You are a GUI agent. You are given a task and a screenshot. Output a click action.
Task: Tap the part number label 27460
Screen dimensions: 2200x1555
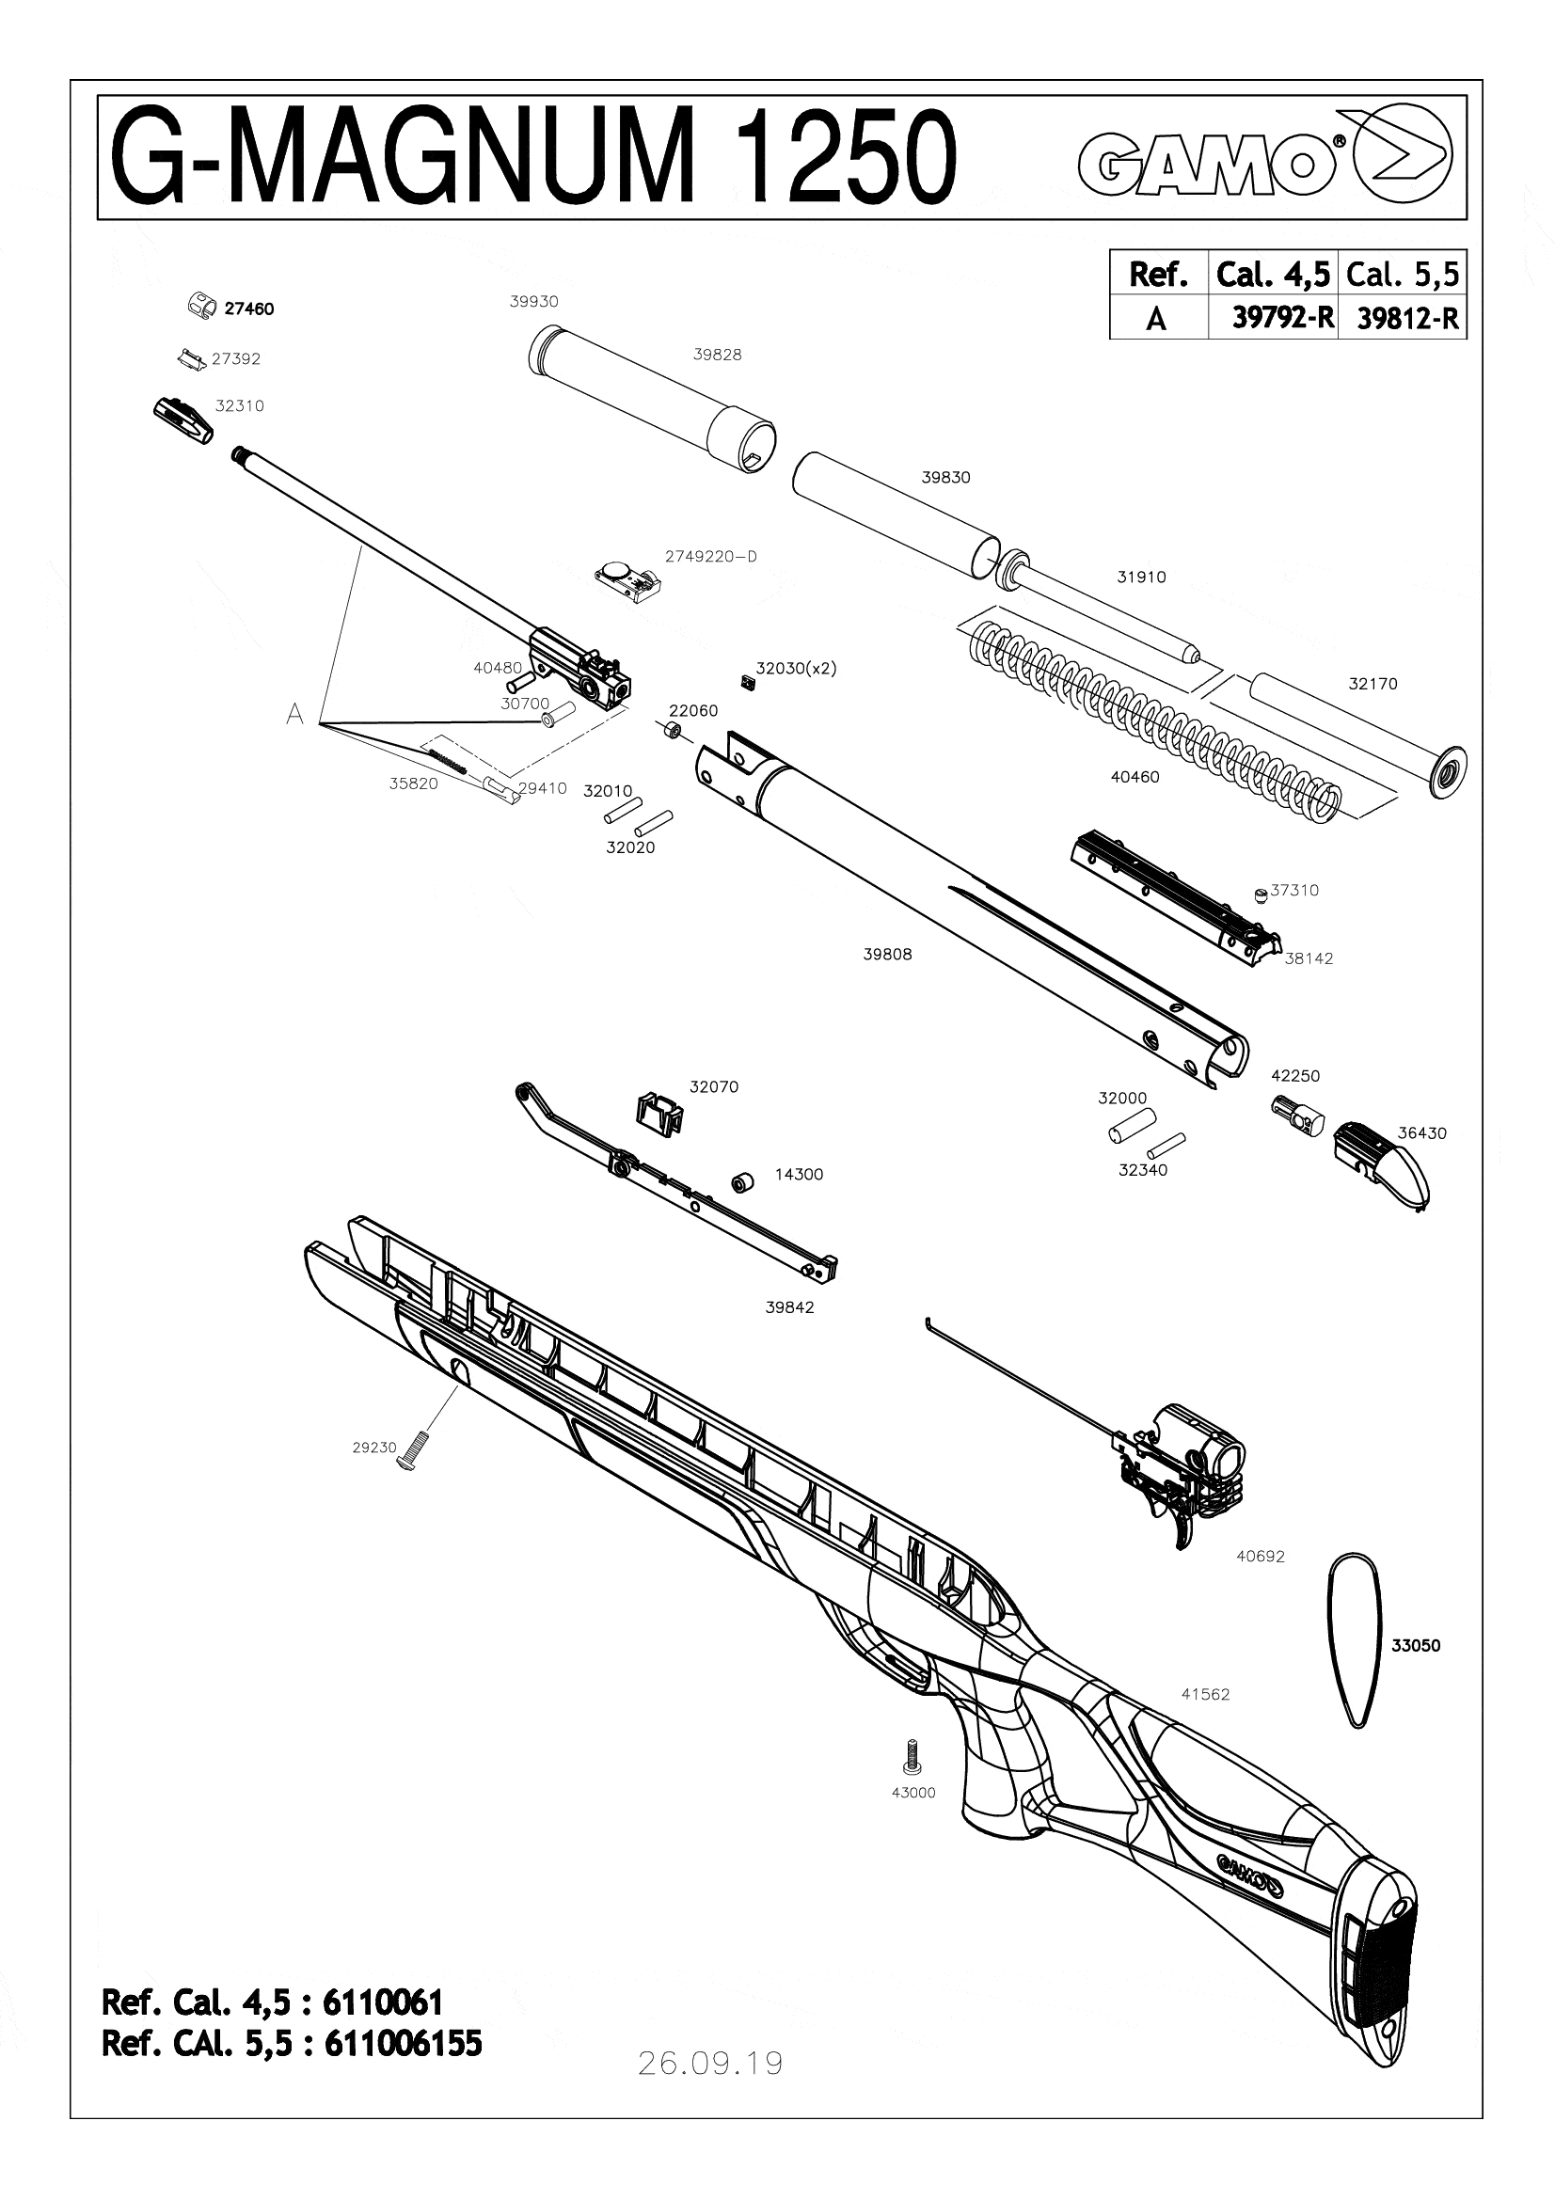[249, 309]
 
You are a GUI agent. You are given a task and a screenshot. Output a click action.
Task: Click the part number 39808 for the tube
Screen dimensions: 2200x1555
[887, 955]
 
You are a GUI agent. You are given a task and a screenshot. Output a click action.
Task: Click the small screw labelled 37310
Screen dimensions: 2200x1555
[1261, 894]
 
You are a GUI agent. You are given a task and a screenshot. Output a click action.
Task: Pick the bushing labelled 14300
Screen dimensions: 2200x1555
[739, 1182]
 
